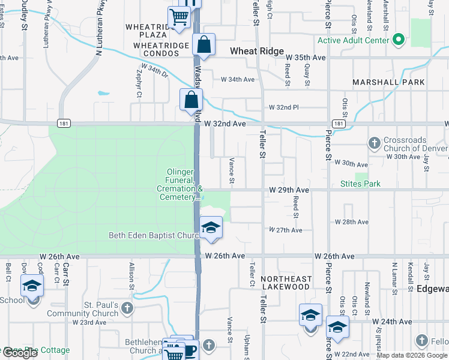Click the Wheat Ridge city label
[258, 52]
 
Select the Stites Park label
[360, 184]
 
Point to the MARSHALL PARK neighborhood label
[388, 82]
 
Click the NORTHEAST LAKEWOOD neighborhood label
[286, 283]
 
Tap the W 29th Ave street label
[289, 190]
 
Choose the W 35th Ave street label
[306, 58]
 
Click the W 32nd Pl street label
[283, 107]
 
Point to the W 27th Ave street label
[285, 230]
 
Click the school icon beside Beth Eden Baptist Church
[211, 228]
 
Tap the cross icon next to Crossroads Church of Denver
[374, 143]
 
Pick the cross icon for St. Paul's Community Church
[127, 308]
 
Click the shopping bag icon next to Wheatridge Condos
[204, 44]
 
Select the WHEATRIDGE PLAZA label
[149, 31]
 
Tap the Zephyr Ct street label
[139, 84]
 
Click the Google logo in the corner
[20, 353]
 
